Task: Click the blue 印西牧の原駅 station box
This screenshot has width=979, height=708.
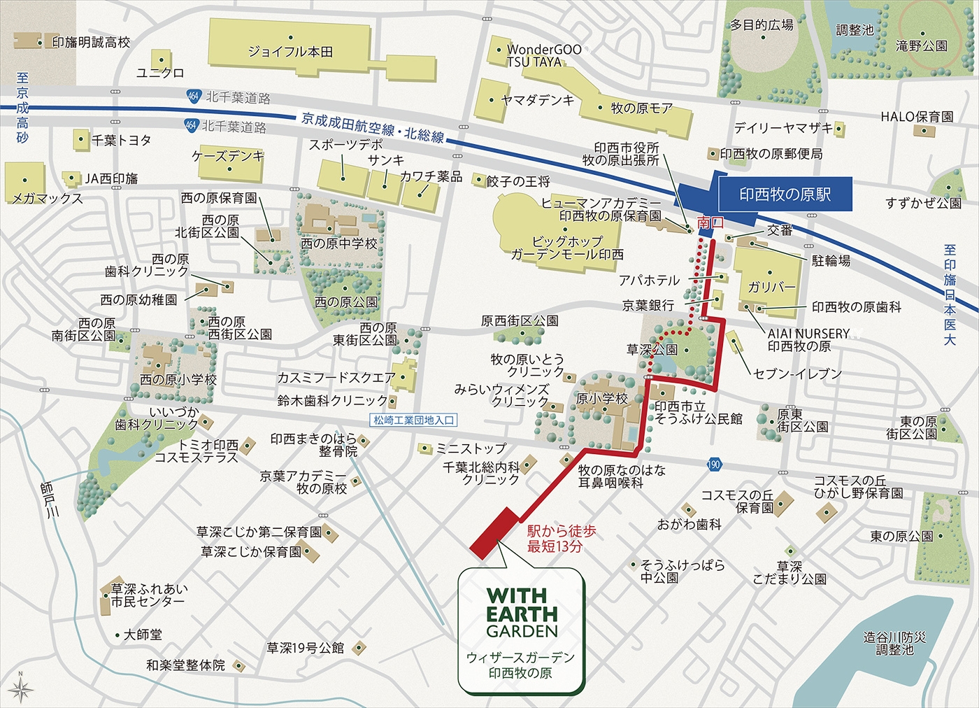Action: coord(785,193)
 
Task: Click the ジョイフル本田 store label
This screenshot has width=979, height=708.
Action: coord(290,52)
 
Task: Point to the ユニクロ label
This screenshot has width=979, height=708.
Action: coord(160,73)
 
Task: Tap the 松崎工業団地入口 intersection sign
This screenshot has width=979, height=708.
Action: coord(414,420)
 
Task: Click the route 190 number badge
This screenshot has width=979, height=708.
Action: coord(713,465)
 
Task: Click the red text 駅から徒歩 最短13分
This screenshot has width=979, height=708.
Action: coord(561,539)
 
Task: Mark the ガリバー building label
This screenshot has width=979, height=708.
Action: coord(771,287)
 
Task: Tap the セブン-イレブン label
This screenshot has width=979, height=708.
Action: coord(798,374)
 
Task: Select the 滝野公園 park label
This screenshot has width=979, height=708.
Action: coord(921,46)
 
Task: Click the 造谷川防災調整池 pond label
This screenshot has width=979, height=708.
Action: coord(894,644)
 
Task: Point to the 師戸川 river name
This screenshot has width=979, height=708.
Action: coord(49,499)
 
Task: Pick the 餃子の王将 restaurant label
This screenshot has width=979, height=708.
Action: coord(518,182)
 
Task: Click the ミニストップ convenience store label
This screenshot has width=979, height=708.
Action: coord(471,448)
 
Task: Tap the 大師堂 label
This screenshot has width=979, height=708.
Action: coord(143,635)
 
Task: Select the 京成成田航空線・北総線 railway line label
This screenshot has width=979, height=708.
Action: coord(373,127)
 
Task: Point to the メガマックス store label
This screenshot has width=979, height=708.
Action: coord(47,199)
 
